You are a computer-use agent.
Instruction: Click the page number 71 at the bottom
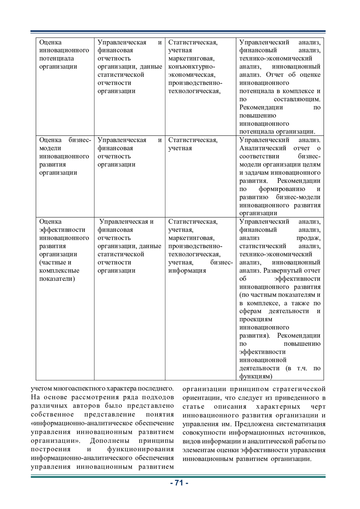pos(179,483)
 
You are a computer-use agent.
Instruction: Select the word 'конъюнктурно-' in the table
pos(191,67)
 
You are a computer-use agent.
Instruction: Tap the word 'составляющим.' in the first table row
pos(297,99)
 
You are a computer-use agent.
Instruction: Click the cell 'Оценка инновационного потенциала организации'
pos(64,54)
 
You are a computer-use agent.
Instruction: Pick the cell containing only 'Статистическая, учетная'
pos(193,144)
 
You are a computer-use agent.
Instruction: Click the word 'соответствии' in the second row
pos(259,156)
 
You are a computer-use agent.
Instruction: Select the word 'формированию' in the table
pos(282,189)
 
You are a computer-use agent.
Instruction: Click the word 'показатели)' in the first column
pos(57,279)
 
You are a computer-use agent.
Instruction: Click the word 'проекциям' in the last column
pos(256,319)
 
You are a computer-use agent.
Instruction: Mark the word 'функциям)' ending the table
pos(256,376)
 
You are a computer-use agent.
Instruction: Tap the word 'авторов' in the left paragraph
pos(86,406)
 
